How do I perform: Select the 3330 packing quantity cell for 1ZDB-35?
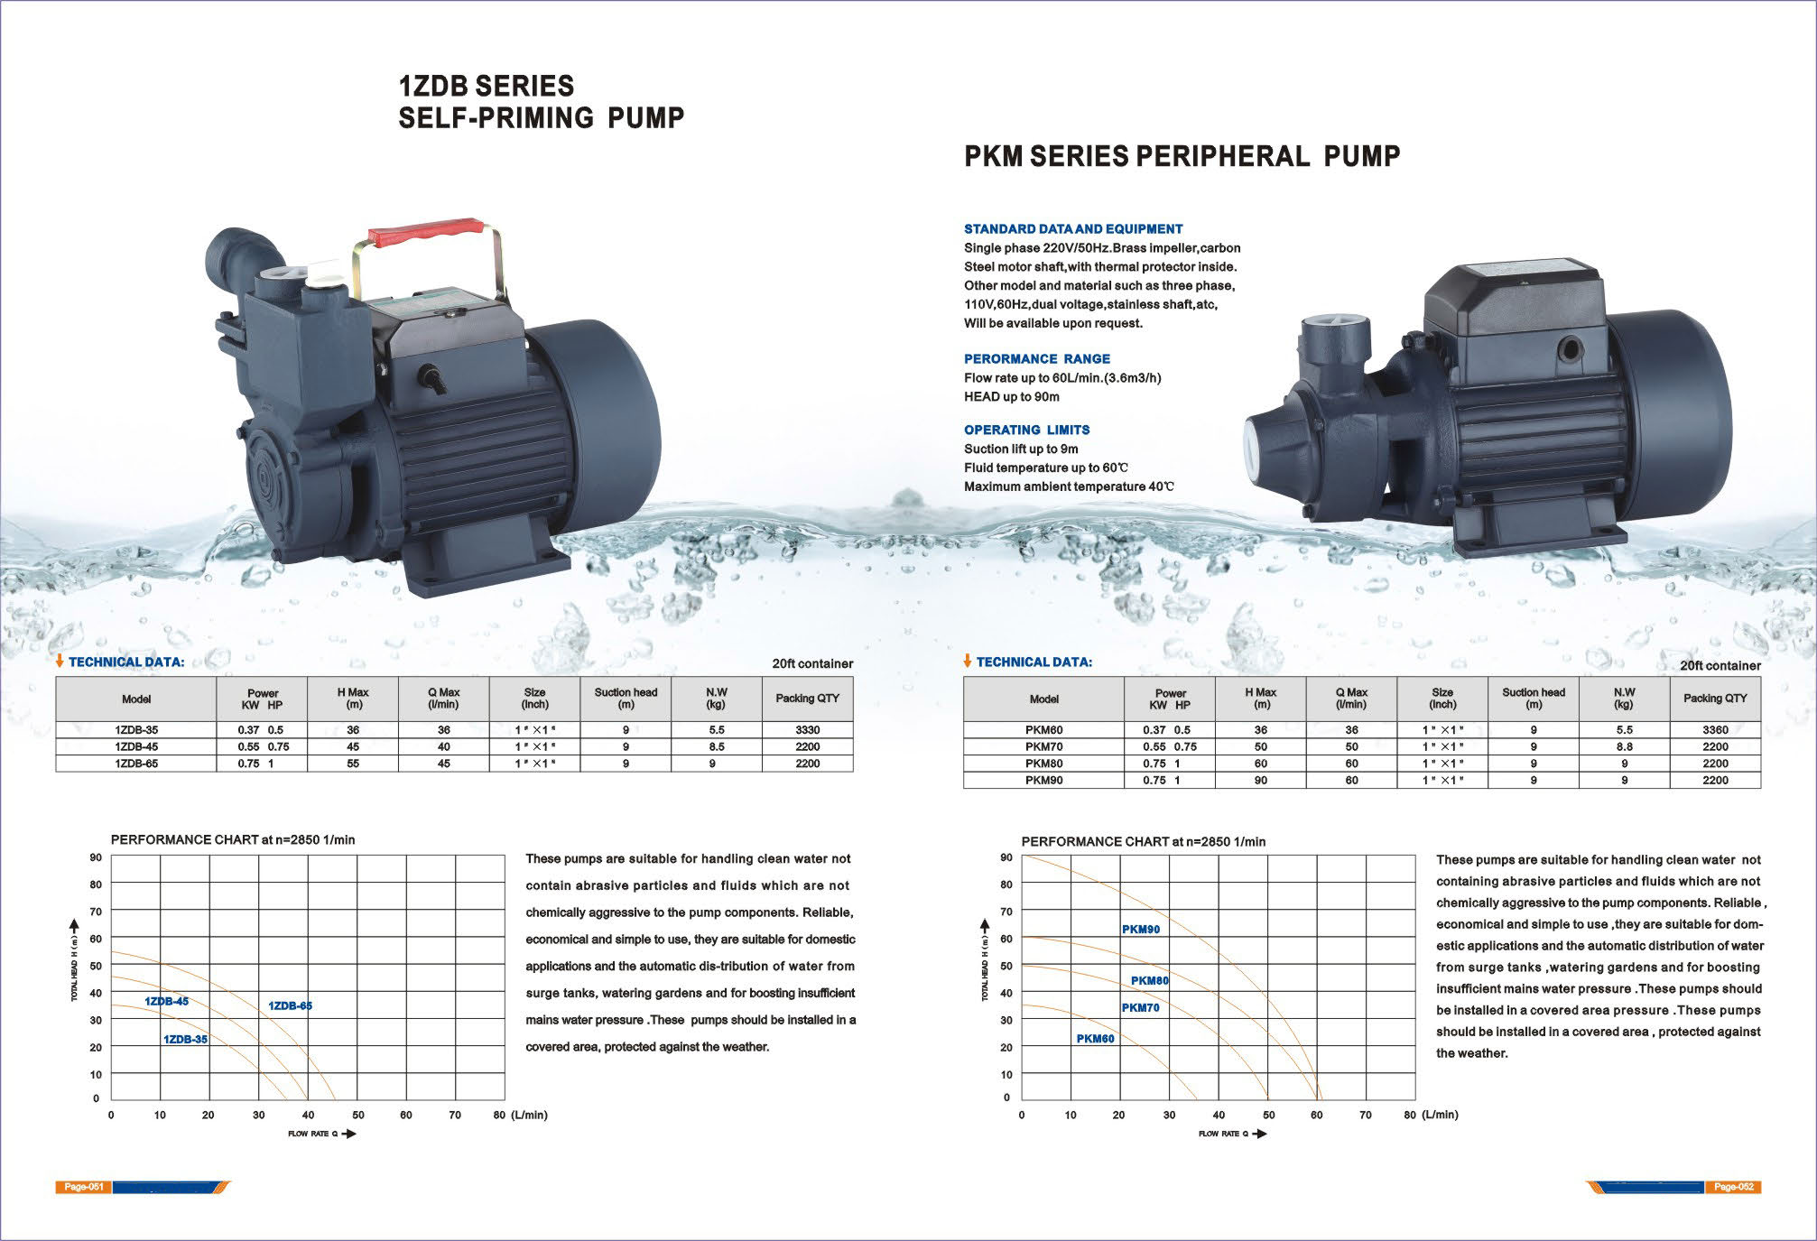(807, 729)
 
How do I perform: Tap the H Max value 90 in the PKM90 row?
(1260, 780)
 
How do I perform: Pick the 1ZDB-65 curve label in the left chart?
(290, 1005)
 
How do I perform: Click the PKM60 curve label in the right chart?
(1095, 1039)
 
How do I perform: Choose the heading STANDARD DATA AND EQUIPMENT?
(1073, 229)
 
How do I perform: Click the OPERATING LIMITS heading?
(1026, 430)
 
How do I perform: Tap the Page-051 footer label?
(83, 1187)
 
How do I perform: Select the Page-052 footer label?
(1733, 1187)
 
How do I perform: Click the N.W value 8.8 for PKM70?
(1624, 747)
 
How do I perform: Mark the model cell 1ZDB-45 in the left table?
(136, 746)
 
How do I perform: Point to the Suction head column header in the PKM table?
(1534, 699)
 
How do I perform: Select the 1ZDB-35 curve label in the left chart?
(185, 1039)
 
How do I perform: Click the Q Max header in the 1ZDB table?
(444, 699)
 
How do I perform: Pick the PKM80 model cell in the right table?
(1044, 764)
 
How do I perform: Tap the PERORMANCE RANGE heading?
(1037, 358)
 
